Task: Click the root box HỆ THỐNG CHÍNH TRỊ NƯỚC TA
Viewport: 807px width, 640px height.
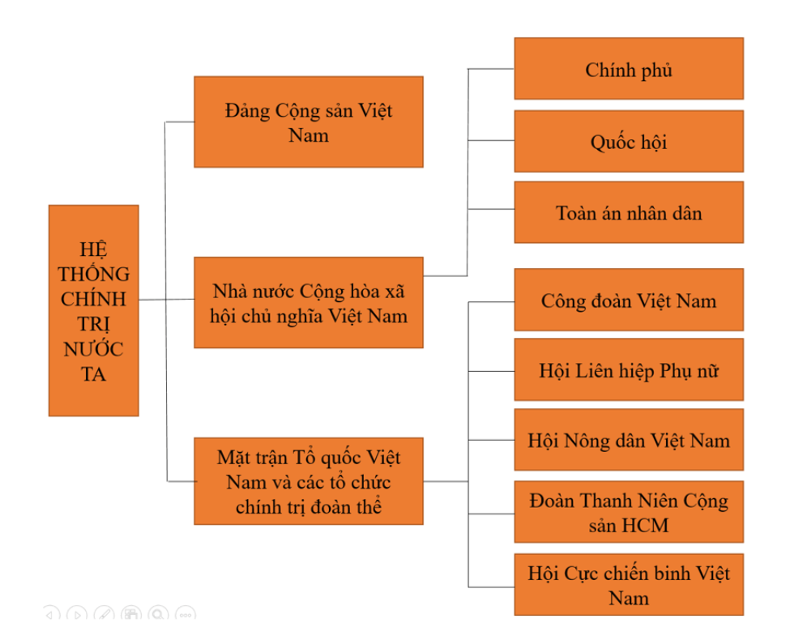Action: pos(94,311)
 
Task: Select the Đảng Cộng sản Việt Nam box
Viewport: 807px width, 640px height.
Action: pos(309,122)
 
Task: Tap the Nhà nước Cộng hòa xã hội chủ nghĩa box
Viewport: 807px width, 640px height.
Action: pos(309,302)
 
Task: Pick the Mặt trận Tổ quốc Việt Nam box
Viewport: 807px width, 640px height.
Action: pos(309,481)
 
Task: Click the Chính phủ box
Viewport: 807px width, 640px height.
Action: pos(629,68)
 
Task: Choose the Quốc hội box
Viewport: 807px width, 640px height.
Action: pos(629,141)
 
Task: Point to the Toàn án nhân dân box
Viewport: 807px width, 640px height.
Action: pos(629,212)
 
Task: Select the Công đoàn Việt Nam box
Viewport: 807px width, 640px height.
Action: pos(629,300)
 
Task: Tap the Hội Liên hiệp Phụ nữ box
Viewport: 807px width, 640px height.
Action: pos(629,369)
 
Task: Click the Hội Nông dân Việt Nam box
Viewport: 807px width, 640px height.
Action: pos(629,440)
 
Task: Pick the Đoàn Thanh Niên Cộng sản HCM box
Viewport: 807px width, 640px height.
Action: pos(629,512)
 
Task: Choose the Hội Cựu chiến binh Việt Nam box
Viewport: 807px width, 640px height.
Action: pos(629,584)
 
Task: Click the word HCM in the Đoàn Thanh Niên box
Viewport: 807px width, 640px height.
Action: pos(646,525)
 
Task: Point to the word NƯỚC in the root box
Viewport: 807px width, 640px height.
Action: pos(94,348)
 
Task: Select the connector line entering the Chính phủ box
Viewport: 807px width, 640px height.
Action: pos(491,68)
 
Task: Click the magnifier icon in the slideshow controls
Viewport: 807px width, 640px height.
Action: pos(157,614)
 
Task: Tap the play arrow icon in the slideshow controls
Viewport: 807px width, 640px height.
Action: pos(77,614)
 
